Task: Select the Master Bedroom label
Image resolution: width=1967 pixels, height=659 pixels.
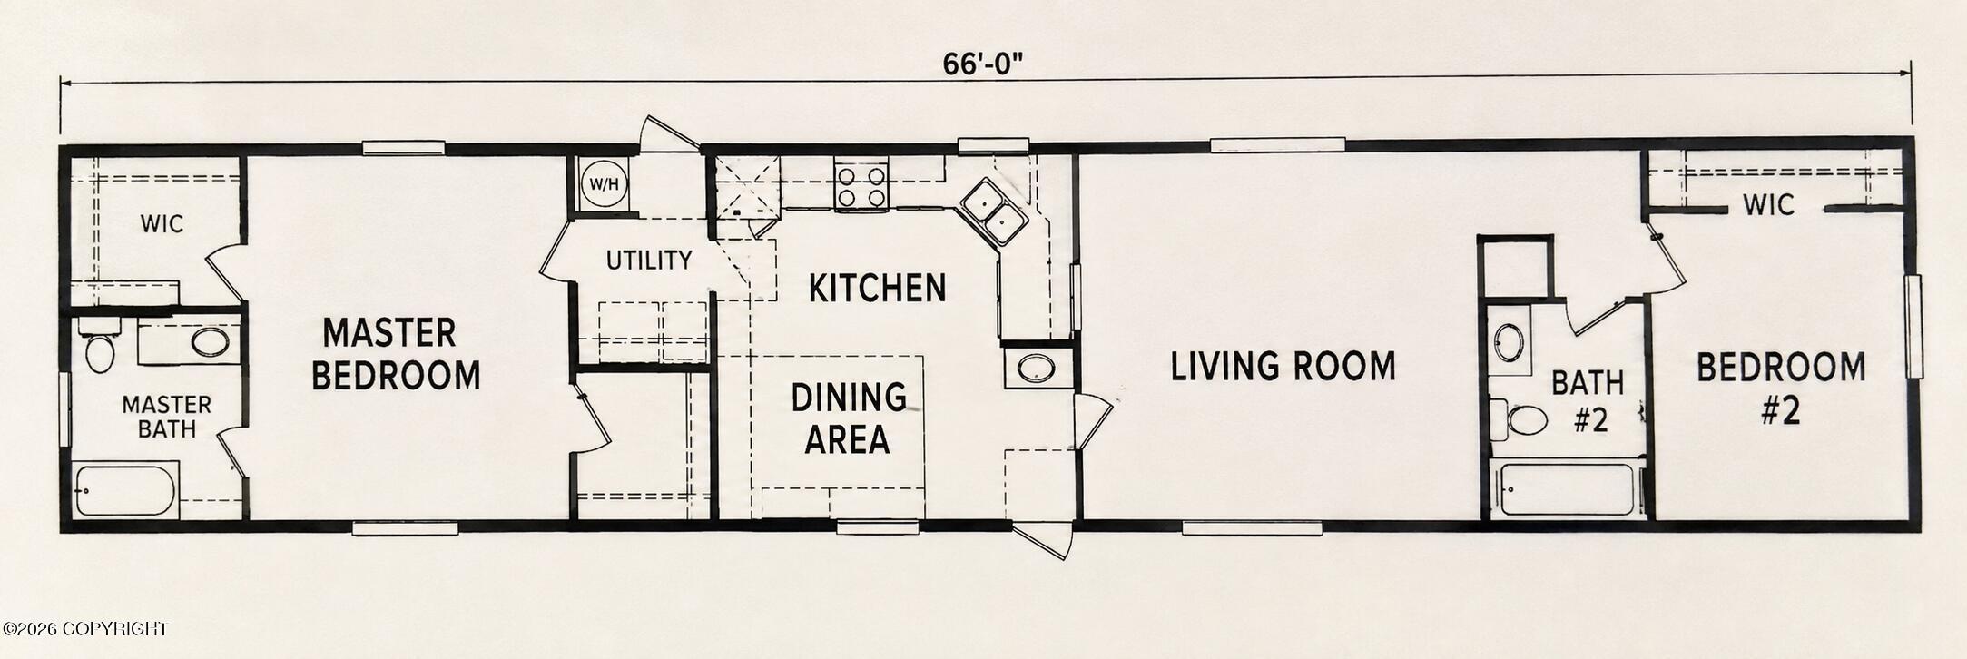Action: [396, 354]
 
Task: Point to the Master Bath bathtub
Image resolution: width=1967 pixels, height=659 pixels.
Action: [124, 490]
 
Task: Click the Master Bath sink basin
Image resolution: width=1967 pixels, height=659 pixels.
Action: [211, 343]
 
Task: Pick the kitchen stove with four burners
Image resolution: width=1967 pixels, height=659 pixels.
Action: [861, 186]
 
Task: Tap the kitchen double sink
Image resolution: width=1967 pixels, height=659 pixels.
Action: [995, 211]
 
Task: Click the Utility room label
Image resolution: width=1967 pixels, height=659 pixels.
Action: [649, 261]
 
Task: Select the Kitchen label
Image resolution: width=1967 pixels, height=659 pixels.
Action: [878, 289]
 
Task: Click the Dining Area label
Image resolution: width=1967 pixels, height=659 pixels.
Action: [848, 418]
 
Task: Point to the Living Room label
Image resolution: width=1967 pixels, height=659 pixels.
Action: [1283, 366]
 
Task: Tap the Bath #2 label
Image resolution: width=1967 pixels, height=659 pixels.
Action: [1588, 400]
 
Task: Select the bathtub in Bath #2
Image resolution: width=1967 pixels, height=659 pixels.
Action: [1567, 490]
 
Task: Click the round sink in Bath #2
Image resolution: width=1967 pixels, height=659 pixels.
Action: [1510, 344]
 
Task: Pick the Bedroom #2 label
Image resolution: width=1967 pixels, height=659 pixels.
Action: [1781, 388]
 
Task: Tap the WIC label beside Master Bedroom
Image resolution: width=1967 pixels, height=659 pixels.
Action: [162, 223]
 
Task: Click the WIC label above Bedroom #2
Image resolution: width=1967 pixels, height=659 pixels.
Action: [1768, 205]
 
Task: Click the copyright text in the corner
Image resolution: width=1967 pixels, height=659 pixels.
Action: [85, 628]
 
